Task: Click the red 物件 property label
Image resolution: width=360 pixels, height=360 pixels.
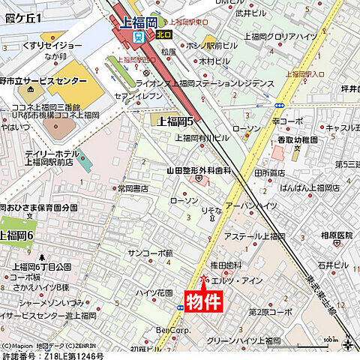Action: point(204,301)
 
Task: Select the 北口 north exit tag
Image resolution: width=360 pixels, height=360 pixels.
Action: point(164,34)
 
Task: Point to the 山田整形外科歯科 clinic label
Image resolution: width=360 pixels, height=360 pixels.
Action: point(199,171)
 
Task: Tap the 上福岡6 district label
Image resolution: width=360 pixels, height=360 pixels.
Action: point(17,235)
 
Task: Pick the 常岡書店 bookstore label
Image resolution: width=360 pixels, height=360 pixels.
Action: point(135,188)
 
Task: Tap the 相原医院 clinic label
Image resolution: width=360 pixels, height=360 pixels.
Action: point(337,235)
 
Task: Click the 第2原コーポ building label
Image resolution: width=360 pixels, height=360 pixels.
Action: point(271,311)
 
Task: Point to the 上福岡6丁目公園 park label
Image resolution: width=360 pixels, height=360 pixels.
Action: point(41,267)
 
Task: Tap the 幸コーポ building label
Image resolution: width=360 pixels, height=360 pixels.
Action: point(287,120)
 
